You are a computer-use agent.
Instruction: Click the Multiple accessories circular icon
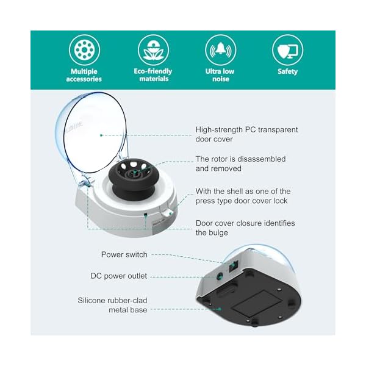click(x=84, y=50)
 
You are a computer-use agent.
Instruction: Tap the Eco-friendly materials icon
click(x=153, y=50)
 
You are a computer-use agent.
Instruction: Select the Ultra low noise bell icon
click(x=220, y=50)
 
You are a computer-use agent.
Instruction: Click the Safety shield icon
click(x=287, y=50)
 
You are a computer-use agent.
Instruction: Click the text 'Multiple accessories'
click(x=84, y=75)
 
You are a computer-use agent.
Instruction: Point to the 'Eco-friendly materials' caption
click(x=153, y=75)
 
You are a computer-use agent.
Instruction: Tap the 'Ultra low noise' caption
click(x=220, y=75)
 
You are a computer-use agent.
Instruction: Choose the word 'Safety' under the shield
click(x=287, y=71)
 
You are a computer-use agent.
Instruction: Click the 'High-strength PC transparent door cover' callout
click(x=246, y=134)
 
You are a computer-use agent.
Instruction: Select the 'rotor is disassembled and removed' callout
click(x=240, y=163)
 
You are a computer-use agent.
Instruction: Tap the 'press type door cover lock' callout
click(x=243, y=196)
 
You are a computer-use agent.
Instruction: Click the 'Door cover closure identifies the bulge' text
click(x=245, y=228)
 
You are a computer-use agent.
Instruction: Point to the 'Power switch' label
click(x=124, y=254)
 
